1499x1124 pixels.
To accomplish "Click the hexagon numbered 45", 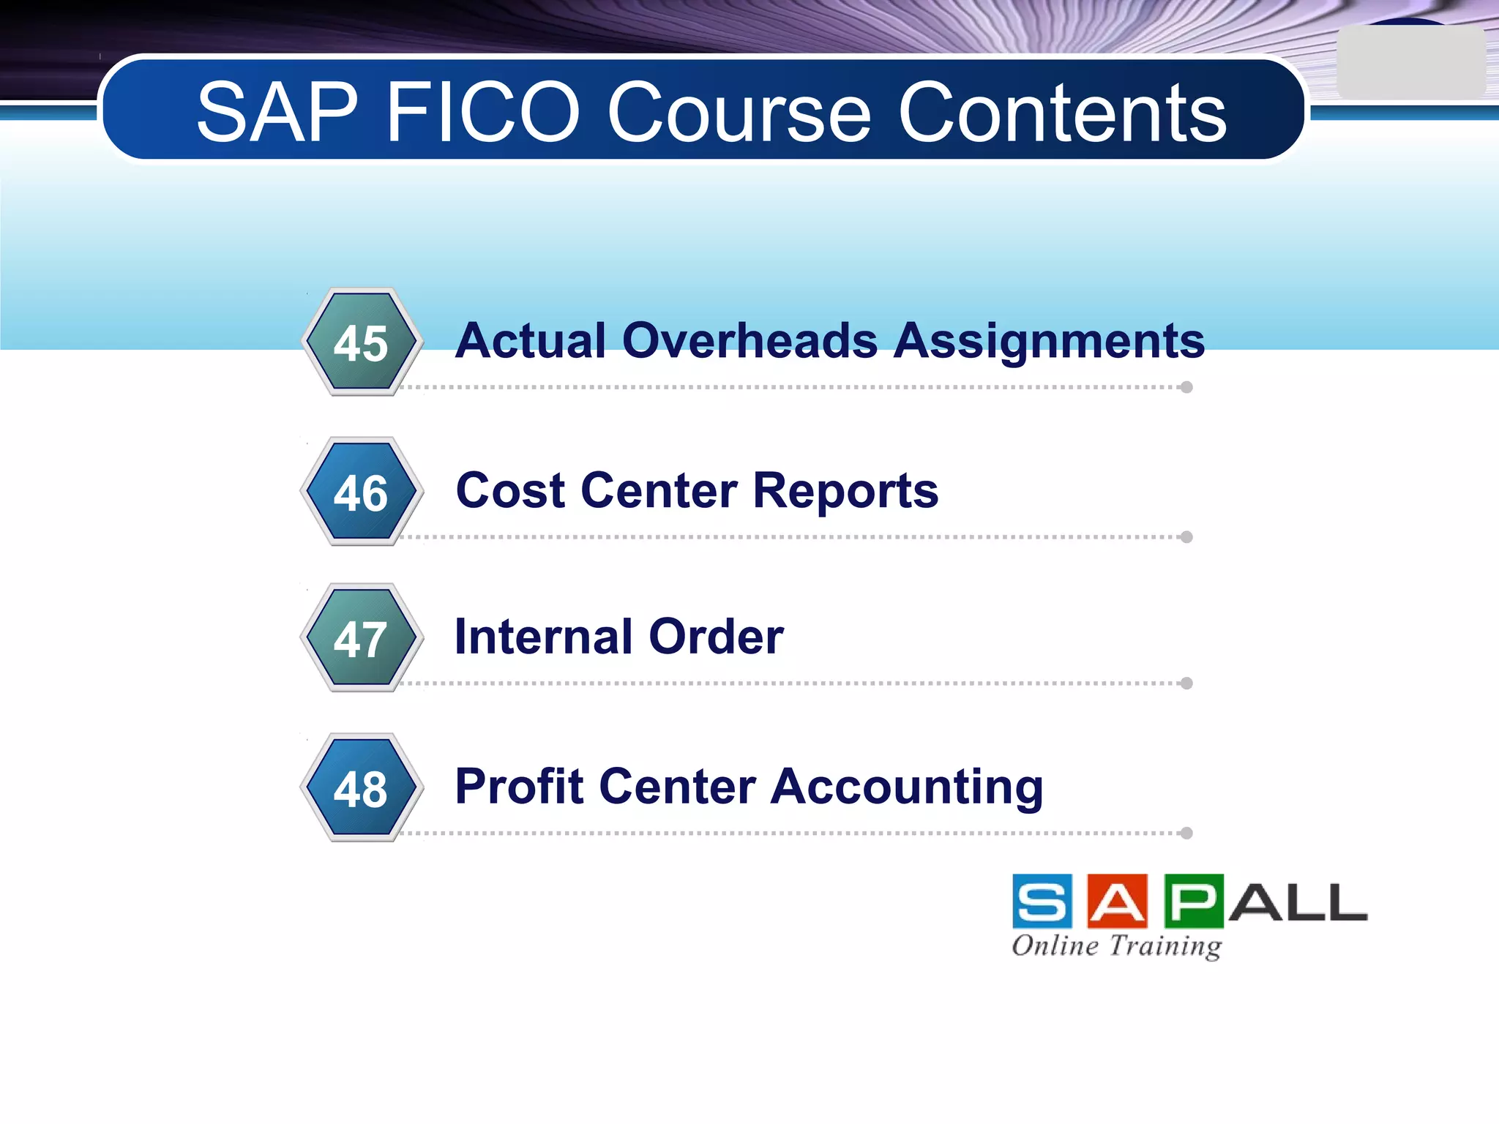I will click(x=362, y=342).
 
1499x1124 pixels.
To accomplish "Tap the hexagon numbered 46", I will click(x=362, y=492).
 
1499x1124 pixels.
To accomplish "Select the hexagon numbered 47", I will click(x=362, y=638).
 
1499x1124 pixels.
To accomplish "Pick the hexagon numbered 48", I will click(x=362, y=788).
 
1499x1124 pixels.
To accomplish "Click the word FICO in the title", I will click(x=483, y=113).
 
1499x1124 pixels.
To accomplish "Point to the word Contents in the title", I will click(x=1062, y=113).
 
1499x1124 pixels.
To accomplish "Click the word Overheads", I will click(x=750, y=341).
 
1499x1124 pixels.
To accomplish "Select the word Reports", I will click(x=845, y=491).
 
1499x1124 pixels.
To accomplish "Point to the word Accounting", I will click(x=907, y=787).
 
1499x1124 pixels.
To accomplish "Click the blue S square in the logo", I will click(x=1042, y=901).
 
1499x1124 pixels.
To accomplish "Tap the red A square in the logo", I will click(x=1118, y=901).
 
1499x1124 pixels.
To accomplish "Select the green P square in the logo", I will click(x=1193, y=901).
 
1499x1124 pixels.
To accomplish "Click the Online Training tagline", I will click(x=1116, y=945).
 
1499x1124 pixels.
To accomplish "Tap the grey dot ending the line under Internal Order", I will click(x=1186, y=683).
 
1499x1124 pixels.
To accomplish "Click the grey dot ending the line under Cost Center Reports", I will click(x=1186, y=537).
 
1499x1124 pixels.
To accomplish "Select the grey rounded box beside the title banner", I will click(x=1410, y=63).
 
